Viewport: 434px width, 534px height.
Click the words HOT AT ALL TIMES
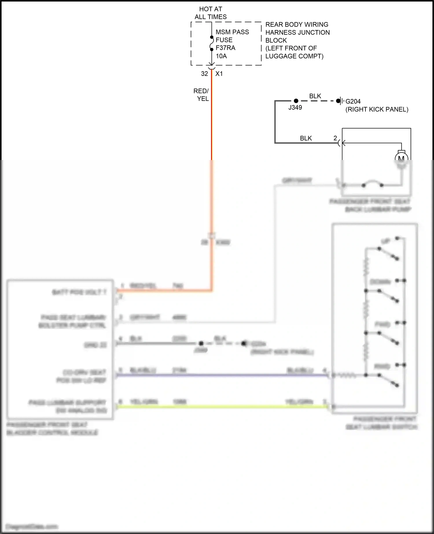pos(211,13)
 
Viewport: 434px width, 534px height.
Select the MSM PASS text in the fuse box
pos(232,32)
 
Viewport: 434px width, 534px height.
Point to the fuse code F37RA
pos(225,48)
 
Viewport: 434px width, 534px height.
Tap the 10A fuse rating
pos(221,56)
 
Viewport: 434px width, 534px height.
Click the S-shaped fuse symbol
pos(212,43)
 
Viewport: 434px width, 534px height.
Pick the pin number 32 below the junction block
pos(205,74)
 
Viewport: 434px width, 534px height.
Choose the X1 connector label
pos(219,74)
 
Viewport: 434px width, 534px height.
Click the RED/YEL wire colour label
pos(201,95)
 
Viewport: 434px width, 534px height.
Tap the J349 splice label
pos(295,108)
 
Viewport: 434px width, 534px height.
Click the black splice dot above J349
pos(296,101)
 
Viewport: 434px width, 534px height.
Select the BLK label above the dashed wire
pos(315,96)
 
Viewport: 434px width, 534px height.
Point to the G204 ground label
pos(353,102)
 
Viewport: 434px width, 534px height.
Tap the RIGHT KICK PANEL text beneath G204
pos(377,109)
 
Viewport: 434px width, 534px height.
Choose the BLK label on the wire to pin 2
pos(306,138)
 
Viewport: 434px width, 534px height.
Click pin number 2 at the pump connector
pos(335,138)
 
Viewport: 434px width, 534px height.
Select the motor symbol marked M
pos(401,158)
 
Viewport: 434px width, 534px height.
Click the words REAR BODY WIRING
pos(297,25)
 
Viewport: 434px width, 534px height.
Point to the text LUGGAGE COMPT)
pos(294,56)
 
